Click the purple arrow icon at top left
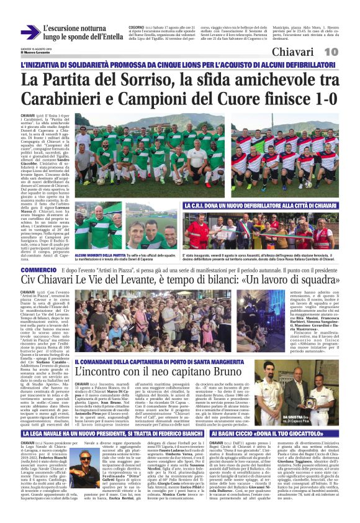(29, 32)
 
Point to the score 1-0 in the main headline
(322, 99)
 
